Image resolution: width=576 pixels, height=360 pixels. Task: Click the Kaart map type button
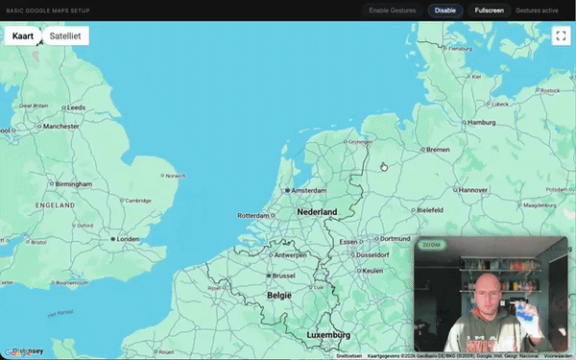pos(23,36)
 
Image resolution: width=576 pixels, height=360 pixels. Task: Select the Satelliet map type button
pos(65,36)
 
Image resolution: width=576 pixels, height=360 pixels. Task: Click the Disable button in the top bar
pos(445,10)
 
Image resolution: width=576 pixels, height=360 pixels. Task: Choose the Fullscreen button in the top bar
pos(490,10)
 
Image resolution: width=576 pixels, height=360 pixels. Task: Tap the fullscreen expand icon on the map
pos(562,36)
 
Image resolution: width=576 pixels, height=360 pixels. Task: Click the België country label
pos(280,295)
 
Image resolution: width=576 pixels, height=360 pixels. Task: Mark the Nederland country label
pos(317,211)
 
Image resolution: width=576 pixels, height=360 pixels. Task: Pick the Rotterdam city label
pos(254,215)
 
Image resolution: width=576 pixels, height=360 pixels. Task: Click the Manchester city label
pos(60,126)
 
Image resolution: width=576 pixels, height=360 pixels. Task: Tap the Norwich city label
pos(176,176)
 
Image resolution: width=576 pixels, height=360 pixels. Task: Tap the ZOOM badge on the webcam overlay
pos(431,245)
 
